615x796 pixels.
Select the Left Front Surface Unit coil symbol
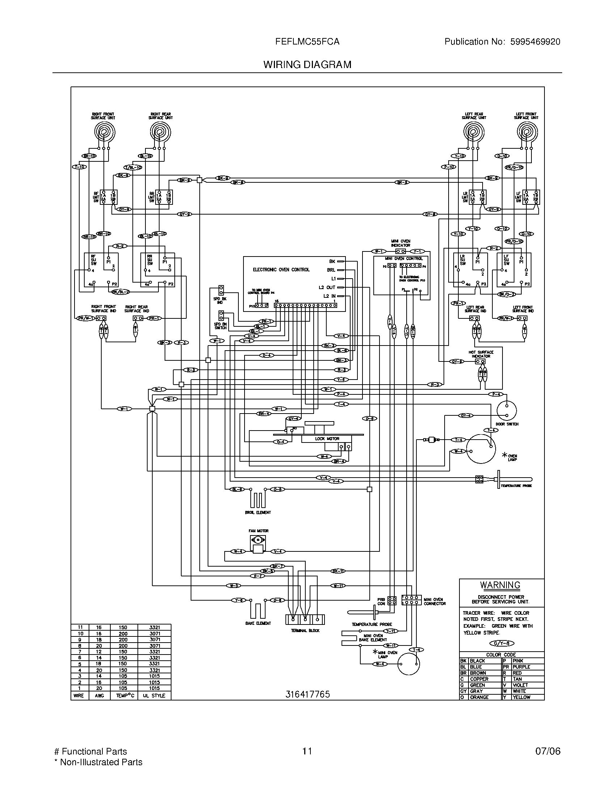pos(527,132)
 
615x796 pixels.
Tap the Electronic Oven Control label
pos(281,270)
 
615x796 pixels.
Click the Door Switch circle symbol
pos(506,411)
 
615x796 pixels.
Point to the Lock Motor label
pos(327,439)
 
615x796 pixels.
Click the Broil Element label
pos(258,512)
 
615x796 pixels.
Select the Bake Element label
pos(258,623)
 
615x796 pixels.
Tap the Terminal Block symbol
pos(305,619)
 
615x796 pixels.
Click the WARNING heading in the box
pos(500,585)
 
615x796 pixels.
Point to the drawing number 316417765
pos(307,694)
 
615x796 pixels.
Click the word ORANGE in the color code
pos(479,697)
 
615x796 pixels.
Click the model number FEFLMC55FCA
pos(307,42)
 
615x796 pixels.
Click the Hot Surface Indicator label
pos(480,354)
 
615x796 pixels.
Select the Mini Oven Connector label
pos(434,601)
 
